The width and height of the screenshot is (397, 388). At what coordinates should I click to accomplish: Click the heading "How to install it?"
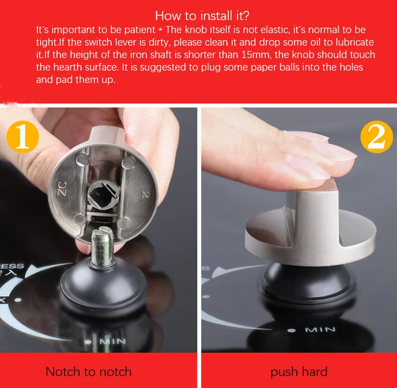coord(202,16)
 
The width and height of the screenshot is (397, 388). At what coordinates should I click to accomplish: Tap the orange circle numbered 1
coord(23,137)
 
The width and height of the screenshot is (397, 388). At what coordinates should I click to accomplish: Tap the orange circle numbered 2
coord(377,137)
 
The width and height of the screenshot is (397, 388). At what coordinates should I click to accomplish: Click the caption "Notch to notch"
coord(88,372)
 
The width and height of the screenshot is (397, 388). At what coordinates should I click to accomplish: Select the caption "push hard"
coord(299,372)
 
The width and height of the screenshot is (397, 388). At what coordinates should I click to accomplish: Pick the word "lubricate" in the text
coord(355,42)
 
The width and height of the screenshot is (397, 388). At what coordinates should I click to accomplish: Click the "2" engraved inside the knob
coord(145,194)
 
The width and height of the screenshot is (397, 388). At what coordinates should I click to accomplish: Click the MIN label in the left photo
coord(112,341)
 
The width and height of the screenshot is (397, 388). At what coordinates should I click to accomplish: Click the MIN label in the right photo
coord(320,330)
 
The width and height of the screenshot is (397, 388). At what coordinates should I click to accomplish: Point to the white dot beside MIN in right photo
coord(292,330)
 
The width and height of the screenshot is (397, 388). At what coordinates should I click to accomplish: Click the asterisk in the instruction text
coord(161,30)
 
